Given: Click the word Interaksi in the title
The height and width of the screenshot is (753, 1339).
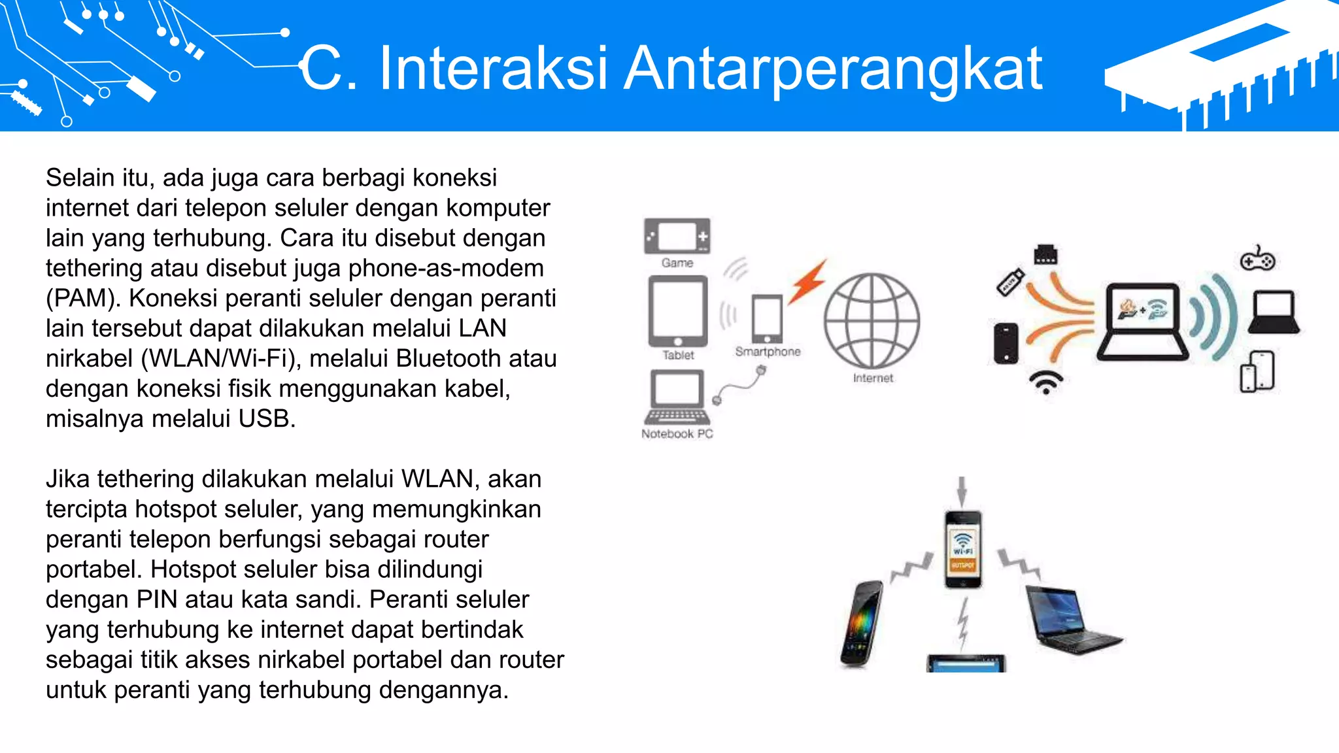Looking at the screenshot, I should click(494, 68).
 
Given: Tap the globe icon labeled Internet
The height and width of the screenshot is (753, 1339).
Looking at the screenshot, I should click(872, 320).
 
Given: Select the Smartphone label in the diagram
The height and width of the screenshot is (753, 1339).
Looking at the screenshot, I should click(768, 352).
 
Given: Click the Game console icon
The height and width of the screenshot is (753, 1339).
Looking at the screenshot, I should click(677, 236).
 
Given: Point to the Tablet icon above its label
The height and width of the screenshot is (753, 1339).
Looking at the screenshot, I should click(678, 311).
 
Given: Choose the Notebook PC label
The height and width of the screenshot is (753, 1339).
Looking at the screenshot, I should click(677, 434).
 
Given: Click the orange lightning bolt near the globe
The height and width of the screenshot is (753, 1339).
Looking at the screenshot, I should click(808, 282).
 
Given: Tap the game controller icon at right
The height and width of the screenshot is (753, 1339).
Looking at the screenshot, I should click(1257, 259).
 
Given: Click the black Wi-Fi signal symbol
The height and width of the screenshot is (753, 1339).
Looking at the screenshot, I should click(1046, 382).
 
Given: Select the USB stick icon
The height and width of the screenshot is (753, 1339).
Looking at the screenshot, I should click(1009, 282).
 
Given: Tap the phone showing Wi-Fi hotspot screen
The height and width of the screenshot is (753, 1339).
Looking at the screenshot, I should click(962, 549).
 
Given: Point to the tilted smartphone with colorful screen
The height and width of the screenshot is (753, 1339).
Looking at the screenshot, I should click(862, 624).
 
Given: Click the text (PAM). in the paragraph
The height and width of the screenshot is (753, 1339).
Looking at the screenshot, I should click(83, 298).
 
